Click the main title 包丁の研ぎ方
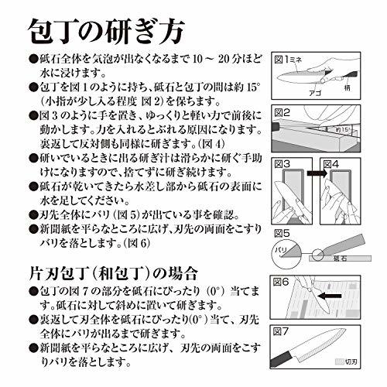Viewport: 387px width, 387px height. point(105,32)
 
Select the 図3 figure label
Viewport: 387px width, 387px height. point(285,165)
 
